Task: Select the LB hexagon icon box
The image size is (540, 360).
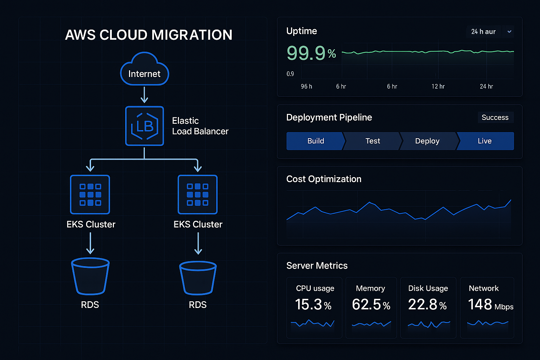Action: [x=144, y=126]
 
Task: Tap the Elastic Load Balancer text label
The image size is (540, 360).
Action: [x=200, y=126]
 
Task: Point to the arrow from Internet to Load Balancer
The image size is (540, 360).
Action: [x=144, y=95]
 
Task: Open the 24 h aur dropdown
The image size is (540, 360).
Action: [x=509, y=32]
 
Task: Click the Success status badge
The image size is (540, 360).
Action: [x=495, y=117]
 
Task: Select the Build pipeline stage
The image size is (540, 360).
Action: [x=315, y=141]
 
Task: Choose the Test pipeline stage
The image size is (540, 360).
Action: [x=373, y=141]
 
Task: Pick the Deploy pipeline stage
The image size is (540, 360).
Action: [x=427, y=141]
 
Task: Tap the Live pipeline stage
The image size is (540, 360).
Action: [x=484, y=141]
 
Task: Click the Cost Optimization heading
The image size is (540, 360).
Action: [x=324, y=179]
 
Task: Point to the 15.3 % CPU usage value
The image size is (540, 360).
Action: [x=313, y=304]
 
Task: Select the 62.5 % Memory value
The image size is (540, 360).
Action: [x=371, y=304]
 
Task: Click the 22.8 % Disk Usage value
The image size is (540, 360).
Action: [x=427, y=304]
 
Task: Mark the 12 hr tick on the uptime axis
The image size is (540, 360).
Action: [x=438, y=86]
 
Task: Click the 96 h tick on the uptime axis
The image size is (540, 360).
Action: [x=306, y=86]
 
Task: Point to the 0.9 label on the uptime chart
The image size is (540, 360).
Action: [x=290, y=74]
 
